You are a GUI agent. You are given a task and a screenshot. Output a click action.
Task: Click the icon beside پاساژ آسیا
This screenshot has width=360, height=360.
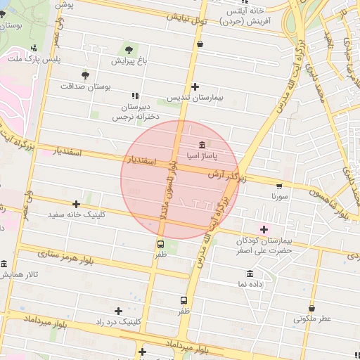(202, 145)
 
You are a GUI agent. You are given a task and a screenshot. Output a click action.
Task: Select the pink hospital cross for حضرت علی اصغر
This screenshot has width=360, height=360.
(264, 229)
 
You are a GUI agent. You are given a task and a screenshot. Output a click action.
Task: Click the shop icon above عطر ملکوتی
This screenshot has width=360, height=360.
(312, 307)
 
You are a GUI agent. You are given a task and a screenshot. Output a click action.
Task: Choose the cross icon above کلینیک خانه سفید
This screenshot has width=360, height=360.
(76, 204)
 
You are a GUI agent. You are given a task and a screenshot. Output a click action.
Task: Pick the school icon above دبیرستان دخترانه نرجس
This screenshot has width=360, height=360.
(135, 96)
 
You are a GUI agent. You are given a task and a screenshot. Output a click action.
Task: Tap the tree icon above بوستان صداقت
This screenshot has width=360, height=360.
(85, 75)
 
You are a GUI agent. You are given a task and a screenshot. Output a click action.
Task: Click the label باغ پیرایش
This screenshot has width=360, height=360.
(129, 61)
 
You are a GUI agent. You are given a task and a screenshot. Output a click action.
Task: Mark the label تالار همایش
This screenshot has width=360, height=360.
(17, 274)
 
